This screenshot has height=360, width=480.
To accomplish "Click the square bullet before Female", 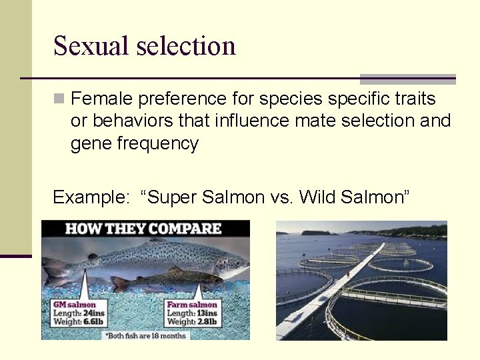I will pos(59,99).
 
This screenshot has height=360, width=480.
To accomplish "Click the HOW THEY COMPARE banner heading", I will pos(143,229).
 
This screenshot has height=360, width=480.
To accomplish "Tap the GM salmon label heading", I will pos(74,305).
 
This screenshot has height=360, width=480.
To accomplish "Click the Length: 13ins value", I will pos(192,313).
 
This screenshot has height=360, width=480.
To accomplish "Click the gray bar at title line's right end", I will pos(407,79).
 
